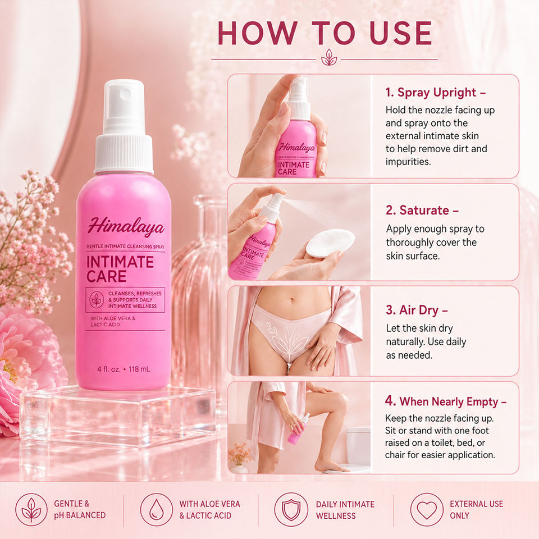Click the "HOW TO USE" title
(325, 33)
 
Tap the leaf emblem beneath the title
(329, 57)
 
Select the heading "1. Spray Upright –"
(436, 93)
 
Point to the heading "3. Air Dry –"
(417, 310)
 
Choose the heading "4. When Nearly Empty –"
(445, 401)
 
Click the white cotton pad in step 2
(330, 243)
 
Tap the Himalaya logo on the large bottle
(126, 226)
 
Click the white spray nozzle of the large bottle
(124, 126)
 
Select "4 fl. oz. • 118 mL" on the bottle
(124, 369)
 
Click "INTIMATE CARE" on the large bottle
(120, 269)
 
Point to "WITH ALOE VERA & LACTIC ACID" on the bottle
(113, 321)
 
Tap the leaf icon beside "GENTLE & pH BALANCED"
(31, 509)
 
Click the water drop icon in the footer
(157, 509)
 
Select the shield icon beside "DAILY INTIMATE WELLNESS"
(291, 509)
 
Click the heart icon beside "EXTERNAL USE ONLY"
(427, 509)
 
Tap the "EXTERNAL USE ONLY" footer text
(477, 509)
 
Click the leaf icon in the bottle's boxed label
(97, 300)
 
